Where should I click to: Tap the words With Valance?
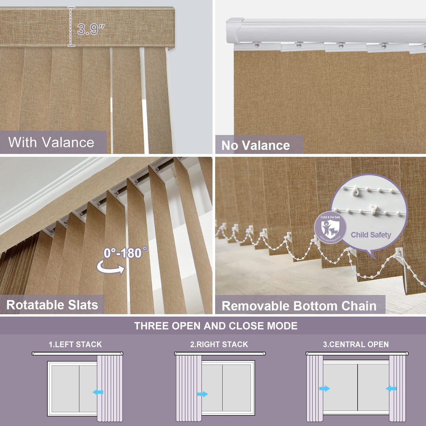click(51, 142)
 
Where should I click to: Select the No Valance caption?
click(256, 145)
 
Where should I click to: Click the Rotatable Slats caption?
click(52, 305)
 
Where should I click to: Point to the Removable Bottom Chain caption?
click(299, 306)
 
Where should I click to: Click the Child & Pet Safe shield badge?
click(330, 228)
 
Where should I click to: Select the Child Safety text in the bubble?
click(371, 235)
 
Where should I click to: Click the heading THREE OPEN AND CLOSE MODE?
click(216, 326)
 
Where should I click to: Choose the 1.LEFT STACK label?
click(75, 345)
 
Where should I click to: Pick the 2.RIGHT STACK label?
click(219, 345)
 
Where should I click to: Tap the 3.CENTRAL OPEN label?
click(356, 345)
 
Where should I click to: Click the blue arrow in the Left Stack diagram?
click(98, 392)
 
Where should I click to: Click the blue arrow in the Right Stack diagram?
click(202, 394)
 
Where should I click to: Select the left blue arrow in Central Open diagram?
click(325, 388)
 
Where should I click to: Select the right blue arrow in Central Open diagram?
click(391, 388)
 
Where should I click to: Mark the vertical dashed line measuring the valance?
click(71, 27)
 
